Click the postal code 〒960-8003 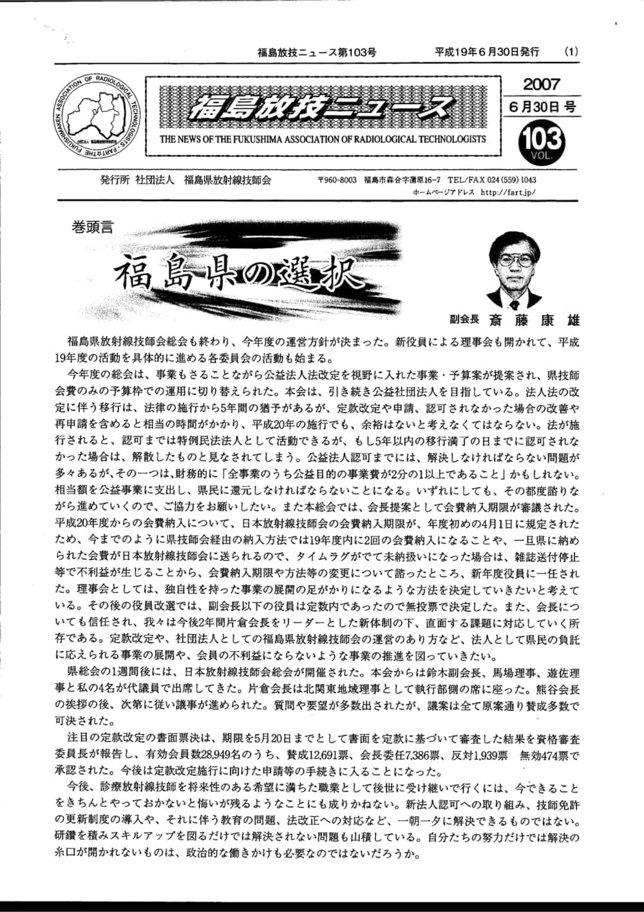point(337,180)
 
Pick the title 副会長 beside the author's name point(464,320)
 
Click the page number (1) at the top point(571,52)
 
